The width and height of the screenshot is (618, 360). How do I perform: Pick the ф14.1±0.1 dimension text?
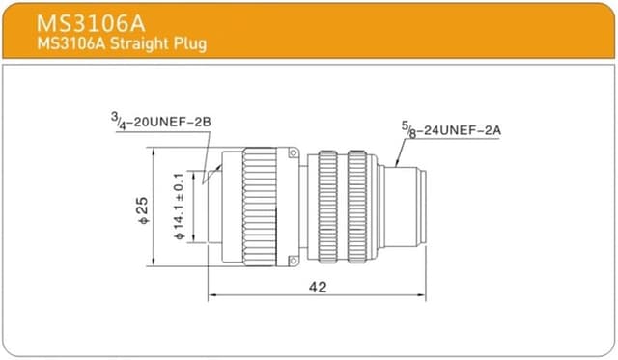(179, 207)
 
